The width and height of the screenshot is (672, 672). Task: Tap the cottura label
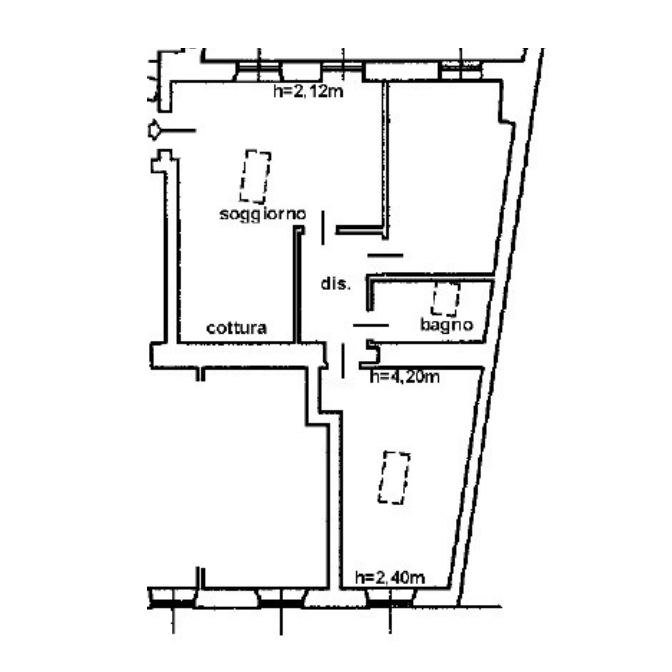(237, 328)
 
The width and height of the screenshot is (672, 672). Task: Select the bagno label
(447, 325)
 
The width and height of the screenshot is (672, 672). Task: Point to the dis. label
(335, 284)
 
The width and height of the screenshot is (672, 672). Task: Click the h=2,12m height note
(308, 91)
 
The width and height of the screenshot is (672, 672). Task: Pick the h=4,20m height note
(405, 376)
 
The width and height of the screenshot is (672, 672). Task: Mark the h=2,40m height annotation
(390, 578)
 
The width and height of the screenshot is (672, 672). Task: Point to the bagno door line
(371, 325)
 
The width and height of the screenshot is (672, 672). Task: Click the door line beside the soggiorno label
(323, 228)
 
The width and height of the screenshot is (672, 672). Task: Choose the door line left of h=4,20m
(343, 360)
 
